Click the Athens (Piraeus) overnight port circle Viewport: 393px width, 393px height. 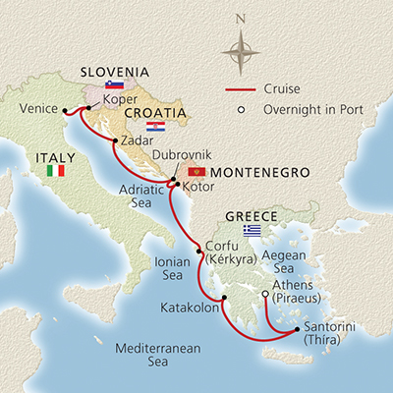(x=265, y=295)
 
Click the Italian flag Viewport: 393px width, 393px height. (x=55, y=171)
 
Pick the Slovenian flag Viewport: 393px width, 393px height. (x=100, y=85)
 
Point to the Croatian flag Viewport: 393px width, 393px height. (x=154, y=127)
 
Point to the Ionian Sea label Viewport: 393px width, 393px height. (x=174, y=269)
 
